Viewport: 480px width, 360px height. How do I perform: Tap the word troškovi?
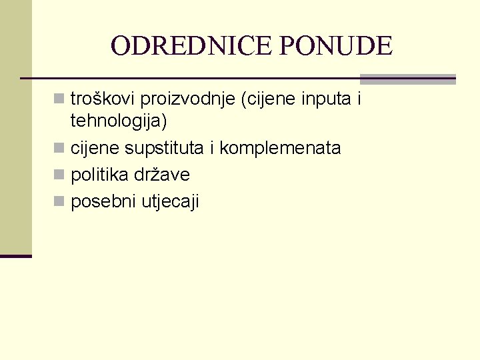click(103, 99)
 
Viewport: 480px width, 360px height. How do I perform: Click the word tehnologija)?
click(119, 121)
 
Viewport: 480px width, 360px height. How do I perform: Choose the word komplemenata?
click(280, 148)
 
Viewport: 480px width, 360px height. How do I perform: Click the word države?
click(161, 175)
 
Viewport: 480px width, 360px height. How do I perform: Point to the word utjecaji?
click(170, 201)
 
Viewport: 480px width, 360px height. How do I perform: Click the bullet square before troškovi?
click(61, 100)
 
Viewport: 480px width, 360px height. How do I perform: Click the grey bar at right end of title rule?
click(407, 78)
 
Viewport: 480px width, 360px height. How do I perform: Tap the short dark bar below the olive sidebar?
click(15, 256)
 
